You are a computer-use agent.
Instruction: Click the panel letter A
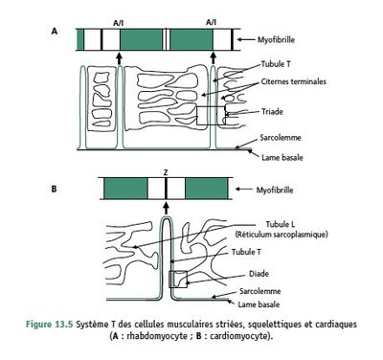[x=56, y=32]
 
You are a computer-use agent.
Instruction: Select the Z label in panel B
[x=166, y=170]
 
